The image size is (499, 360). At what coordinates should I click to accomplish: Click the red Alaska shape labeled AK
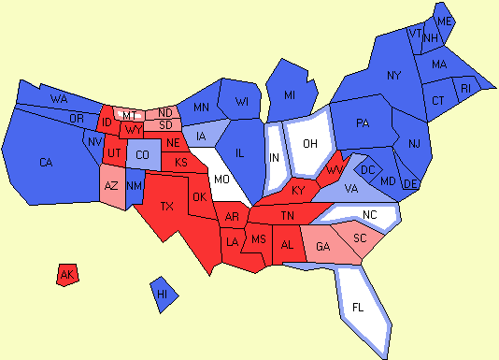(x=66, y=275)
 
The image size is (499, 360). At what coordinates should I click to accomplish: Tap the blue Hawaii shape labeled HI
(x=164, y=294)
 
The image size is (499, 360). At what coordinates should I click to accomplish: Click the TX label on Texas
(x=167, y=207)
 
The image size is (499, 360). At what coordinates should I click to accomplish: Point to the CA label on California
(x=46, y=163)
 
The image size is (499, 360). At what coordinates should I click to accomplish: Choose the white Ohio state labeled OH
(x=310, y=144)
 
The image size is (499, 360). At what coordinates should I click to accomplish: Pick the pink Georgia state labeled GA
(x=323, y=247)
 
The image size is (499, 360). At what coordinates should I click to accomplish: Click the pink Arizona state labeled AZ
(x=110, y=187)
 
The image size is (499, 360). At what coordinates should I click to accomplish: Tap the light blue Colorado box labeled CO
(x=142, y=154)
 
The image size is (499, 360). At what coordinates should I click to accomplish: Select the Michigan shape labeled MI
(x=290, y=94)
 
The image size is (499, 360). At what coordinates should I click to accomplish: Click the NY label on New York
(x=393, y=75)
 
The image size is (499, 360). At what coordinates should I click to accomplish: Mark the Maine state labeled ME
(x=445, y=22)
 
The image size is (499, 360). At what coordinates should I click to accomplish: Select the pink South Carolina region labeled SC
(x=357, y=238)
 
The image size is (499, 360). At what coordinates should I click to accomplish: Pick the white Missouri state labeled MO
(x=221, y=178)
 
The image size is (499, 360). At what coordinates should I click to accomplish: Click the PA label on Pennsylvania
(x=364, y=122)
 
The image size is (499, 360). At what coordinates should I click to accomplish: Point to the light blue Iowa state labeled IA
(x=200, y=137)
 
